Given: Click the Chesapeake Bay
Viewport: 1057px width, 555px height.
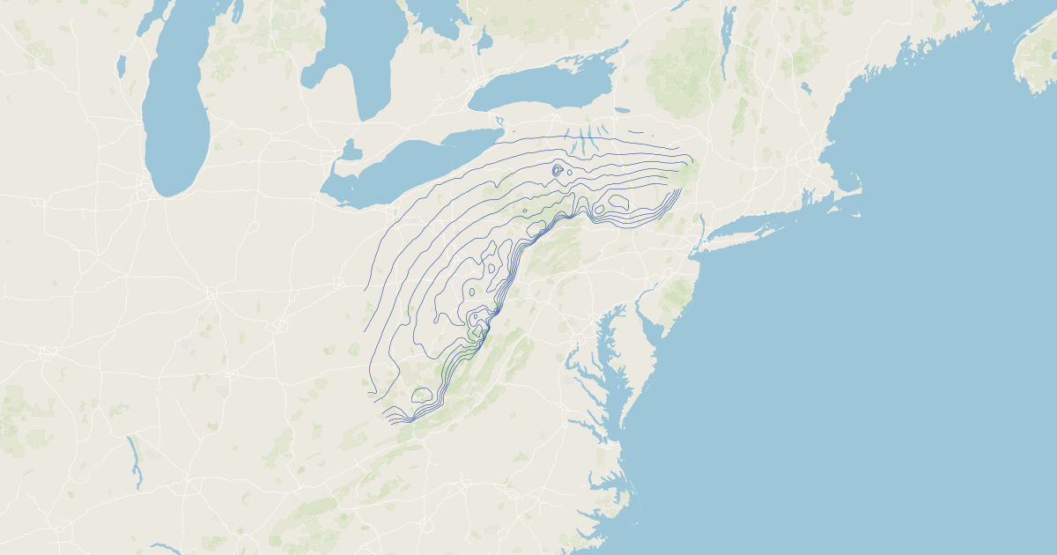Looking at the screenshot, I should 608,352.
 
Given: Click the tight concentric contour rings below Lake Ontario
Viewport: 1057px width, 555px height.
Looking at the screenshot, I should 558,169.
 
